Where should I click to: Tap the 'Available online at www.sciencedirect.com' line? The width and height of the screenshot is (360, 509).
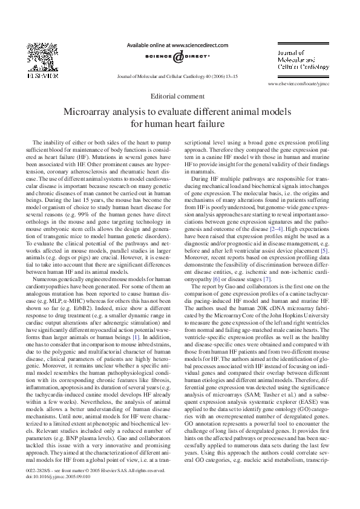click(x=177, y=45)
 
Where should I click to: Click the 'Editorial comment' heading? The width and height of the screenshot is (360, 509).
click(x=180, y=96)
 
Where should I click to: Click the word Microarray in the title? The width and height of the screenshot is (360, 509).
click(x=92, y=112)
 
